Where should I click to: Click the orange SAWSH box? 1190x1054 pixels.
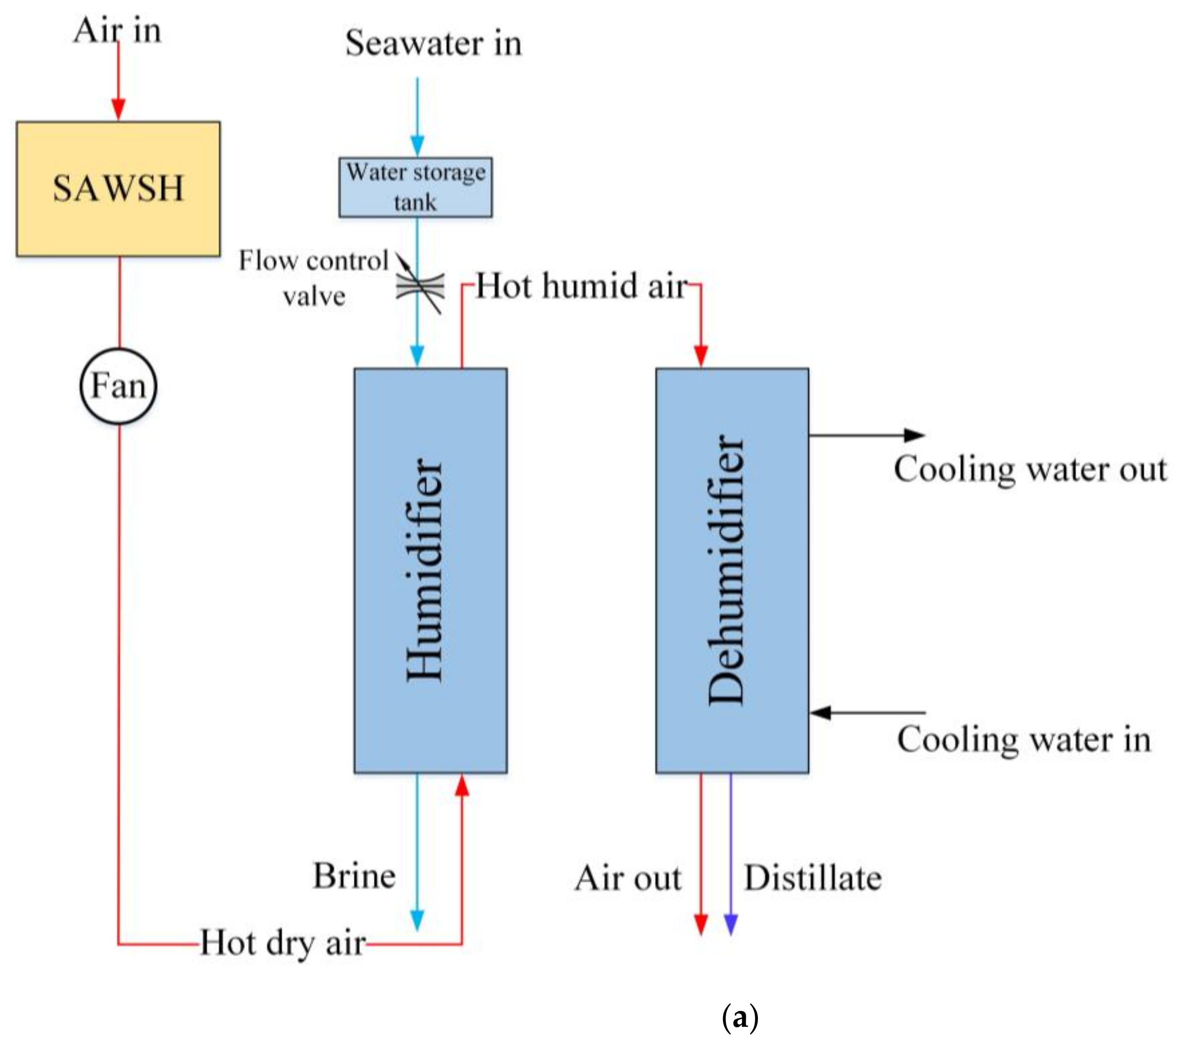[118, 189]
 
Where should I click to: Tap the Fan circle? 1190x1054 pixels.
[118, 386]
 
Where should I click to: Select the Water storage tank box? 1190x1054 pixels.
[415, 187]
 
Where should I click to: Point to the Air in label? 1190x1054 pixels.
[117, 30]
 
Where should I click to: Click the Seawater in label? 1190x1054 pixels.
[433, 43]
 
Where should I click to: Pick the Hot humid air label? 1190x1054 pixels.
[582, 286]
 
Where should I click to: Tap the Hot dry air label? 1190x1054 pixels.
[283, 943]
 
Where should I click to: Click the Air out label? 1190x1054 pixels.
[628, 877]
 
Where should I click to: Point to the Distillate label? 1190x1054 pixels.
[813, 877]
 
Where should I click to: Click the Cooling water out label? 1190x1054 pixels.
[1030, 469]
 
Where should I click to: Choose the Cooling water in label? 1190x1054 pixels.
[1024, 739]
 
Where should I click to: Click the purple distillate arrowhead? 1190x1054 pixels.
[731, 924]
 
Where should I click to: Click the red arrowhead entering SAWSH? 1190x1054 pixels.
[119, 109]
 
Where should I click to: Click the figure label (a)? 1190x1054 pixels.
[740, 1017]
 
